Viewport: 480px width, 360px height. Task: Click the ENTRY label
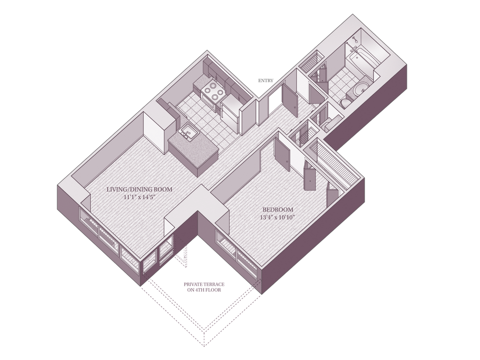(x=265, y=81)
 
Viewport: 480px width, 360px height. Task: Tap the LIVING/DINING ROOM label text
(x=139, y=189)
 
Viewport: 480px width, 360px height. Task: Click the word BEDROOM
(x=277, y=210)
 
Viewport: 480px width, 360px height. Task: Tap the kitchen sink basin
(x=189, y=132)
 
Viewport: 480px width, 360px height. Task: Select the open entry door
(x=289, y=100)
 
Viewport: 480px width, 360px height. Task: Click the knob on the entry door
(x=294, y=107)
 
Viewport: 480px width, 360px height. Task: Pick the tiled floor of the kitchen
(x=209, y=120)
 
